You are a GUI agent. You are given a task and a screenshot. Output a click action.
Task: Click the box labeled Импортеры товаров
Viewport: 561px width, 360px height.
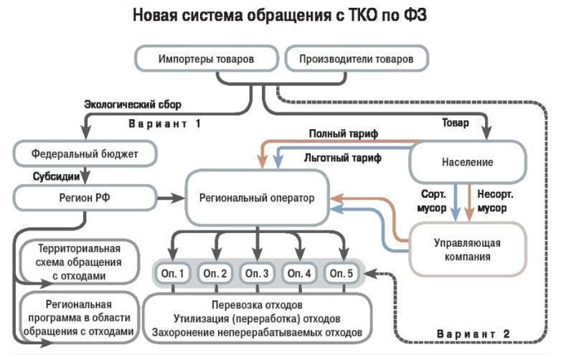pyautogui.click(x=206, y=58)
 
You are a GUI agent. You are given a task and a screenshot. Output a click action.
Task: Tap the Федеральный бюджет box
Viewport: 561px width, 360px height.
pyautogui.click(x=85, y=153)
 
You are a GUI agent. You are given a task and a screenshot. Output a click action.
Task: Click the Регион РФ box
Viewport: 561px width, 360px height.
pyautogui.click(x=85, y=195)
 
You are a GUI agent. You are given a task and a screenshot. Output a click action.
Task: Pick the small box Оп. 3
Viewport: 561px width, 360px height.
pyautogui.click(x=256, y=273)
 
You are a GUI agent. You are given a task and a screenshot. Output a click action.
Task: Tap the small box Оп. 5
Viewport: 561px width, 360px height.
pyautogui.click(x=340, y=273)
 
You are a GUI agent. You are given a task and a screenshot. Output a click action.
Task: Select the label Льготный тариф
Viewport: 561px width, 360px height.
pyautogui.click(x=341, y=156)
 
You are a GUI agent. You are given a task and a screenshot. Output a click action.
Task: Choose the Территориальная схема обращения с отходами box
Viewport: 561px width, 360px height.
pyautogui.click(x=79, y=262)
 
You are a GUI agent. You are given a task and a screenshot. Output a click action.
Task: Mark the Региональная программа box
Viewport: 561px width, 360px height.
pyautogui.click(x=79, y=318)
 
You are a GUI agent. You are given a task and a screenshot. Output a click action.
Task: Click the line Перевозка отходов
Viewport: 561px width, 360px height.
pyautogui.click(x=256, y=304)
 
